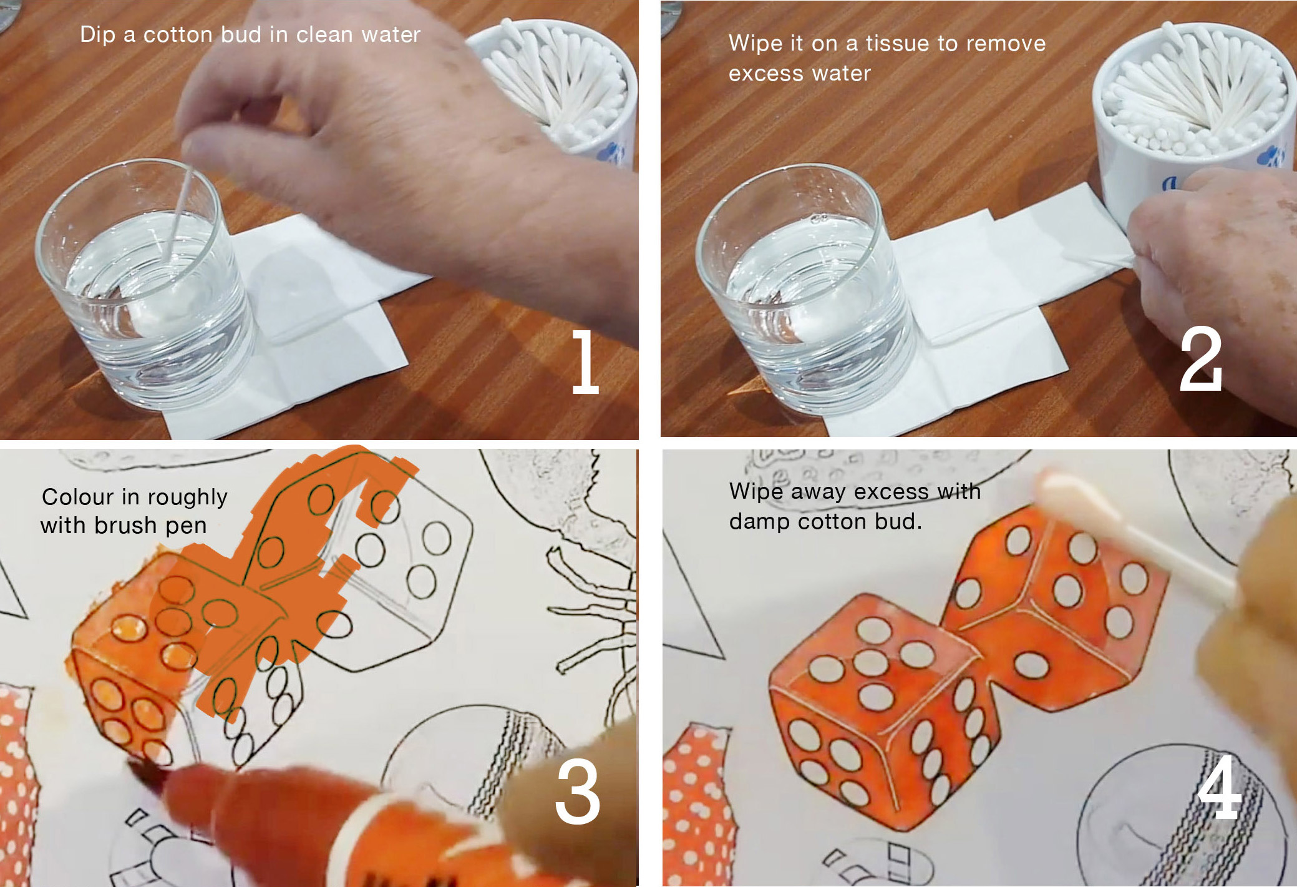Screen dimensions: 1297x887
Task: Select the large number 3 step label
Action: tap(578, 791)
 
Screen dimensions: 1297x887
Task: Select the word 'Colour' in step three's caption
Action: tap(79, 497)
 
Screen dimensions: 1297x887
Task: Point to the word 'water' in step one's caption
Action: tap(391, 35)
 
